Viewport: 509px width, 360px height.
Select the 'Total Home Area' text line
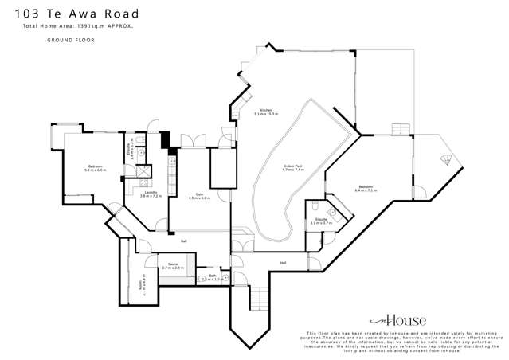[x=78, y=27]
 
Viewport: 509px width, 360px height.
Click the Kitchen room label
[x=267, y=112]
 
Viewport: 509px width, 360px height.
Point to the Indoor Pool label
[x=294, y=167]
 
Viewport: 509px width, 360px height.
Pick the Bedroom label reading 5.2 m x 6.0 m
[x=96, y=168]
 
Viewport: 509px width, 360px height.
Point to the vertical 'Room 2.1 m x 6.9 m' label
[x=142, y=285]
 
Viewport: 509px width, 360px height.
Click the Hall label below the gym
[x=184, y=241]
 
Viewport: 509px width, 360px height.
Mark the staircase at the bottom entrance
[x=256, y=299]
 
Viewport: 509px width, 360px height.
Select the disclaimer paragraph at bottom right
[x=402, y=342]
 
